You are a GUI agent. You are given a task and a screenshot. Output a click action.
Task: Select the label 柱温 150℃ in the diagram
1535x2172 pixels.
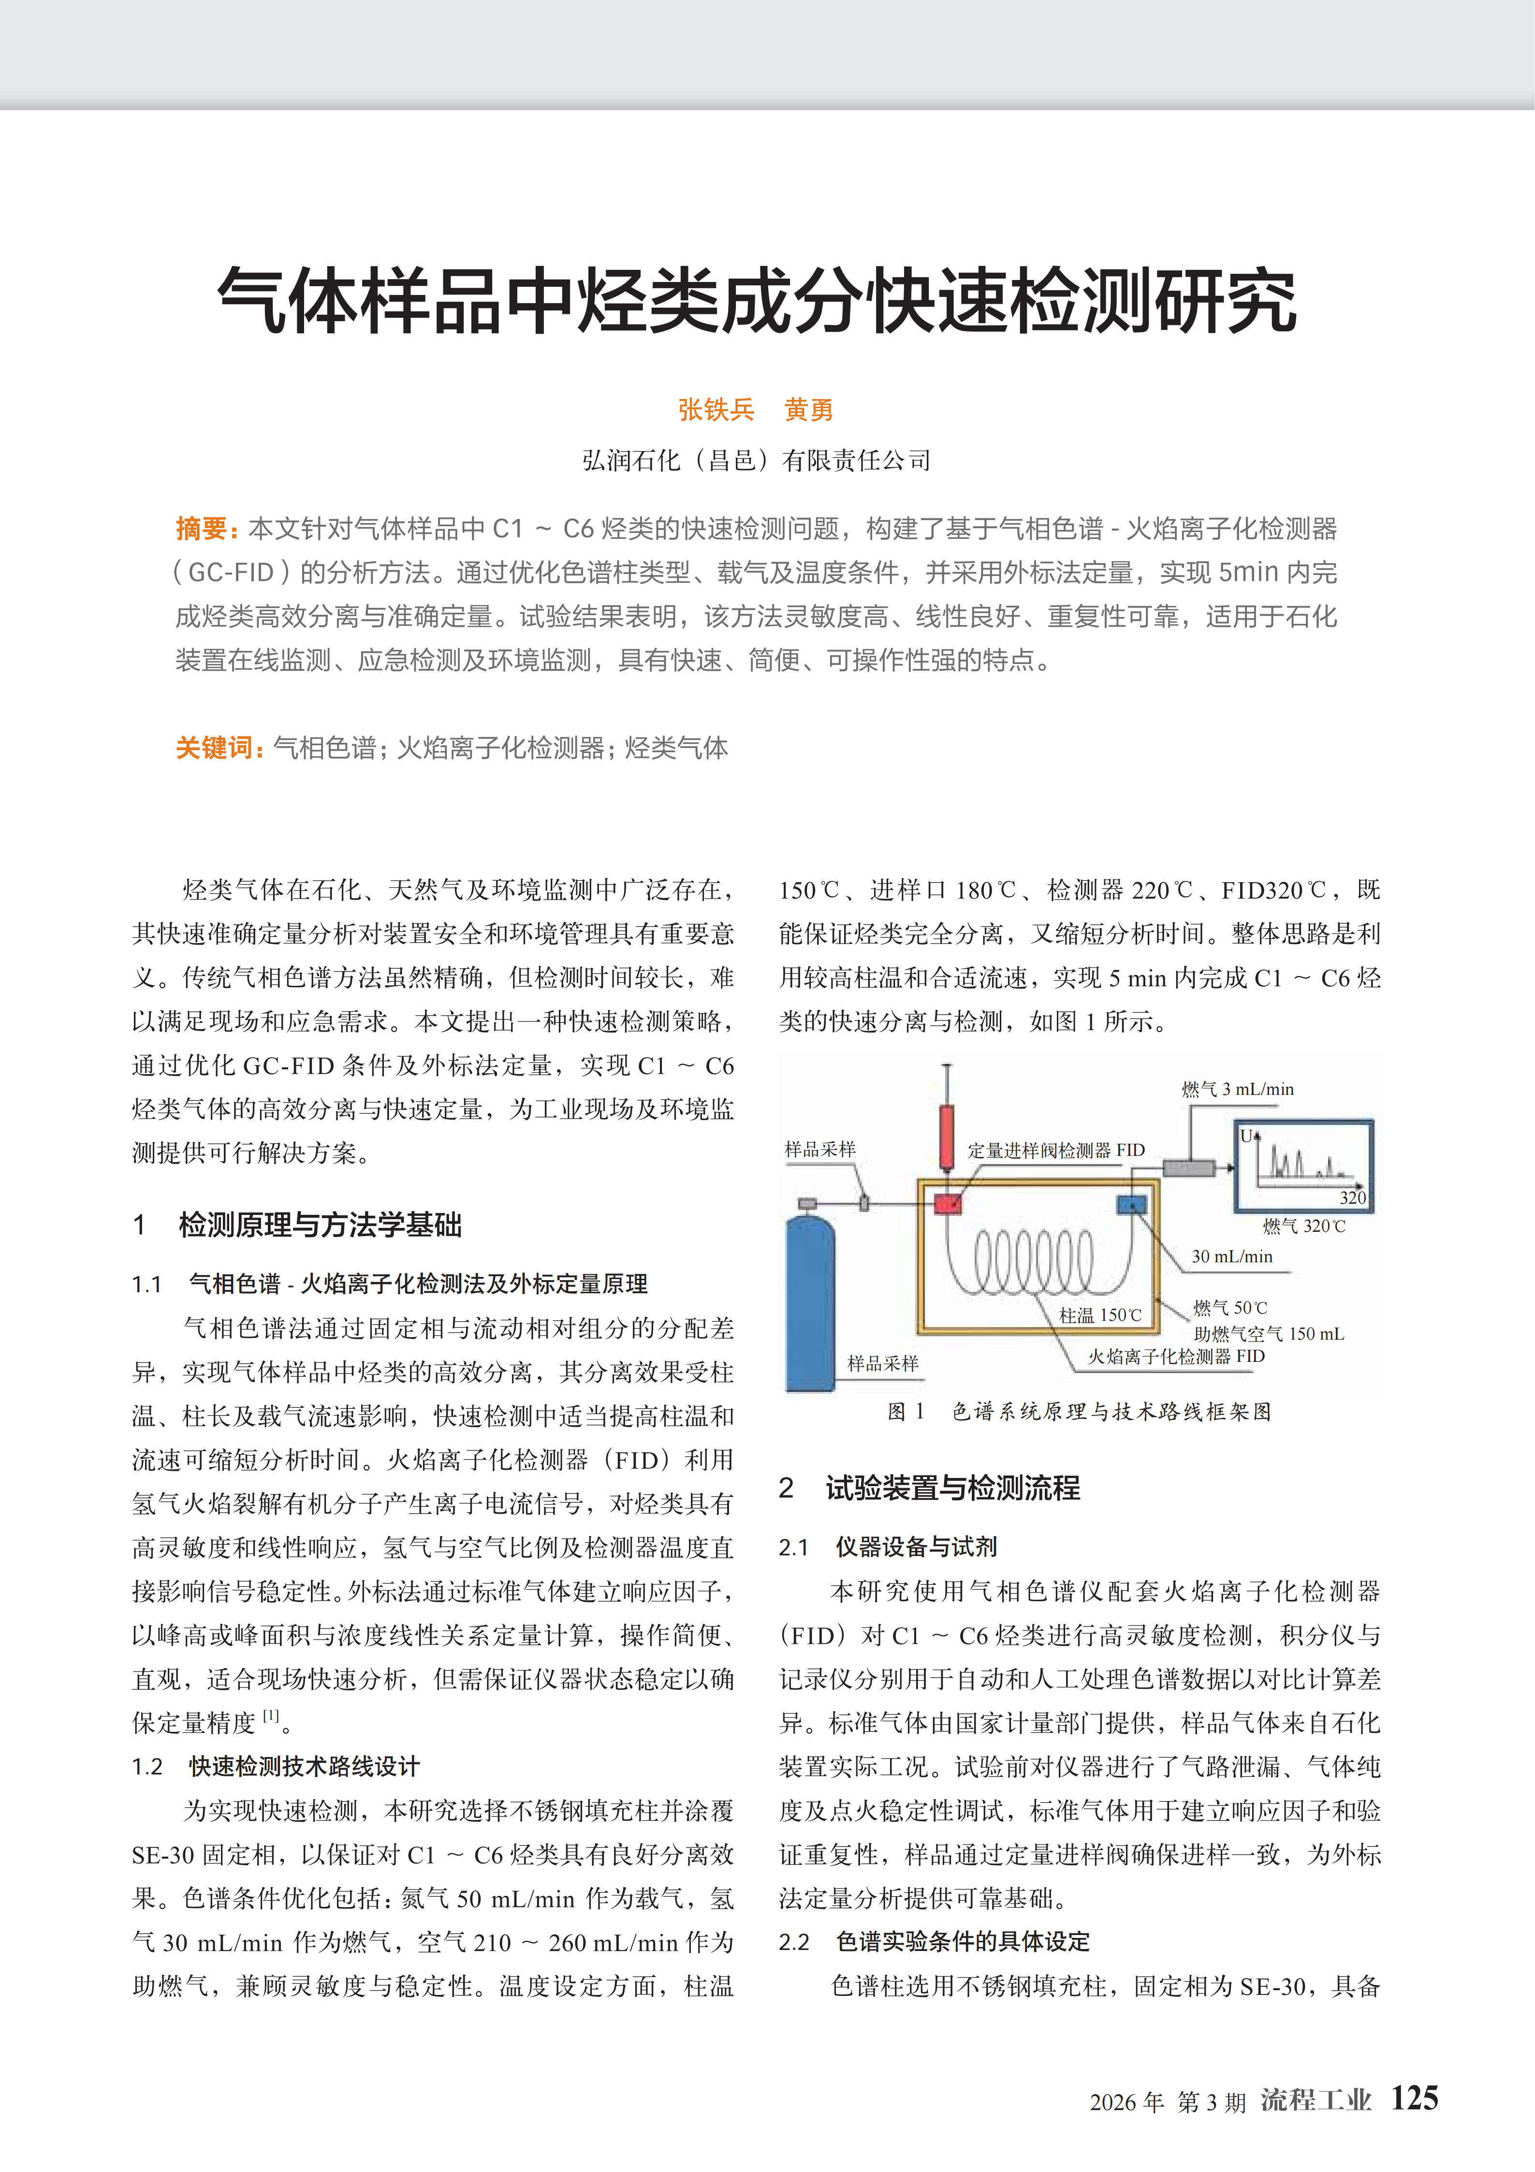1100,1315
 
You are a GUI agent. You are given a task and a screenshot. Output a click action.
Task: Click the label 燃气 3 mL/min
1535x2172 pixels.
1237,1089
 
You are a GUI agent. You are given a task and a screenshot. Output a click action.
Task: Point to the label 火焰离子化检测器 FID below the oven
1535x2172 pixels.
1176,1356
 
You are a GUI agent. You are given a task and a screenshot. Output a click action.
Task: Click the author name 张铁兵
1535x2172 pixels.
716,410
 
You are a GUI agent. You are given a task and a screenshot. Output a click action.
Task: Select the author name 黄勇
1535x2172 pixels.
809,410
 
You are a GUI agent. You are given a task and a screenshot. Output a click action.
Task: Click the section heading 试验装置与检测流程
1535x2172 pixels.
952,1488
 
